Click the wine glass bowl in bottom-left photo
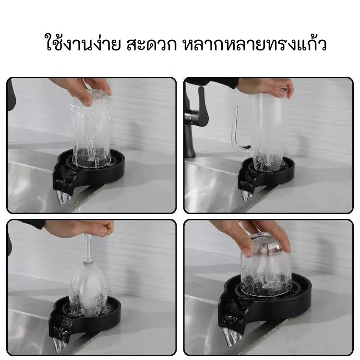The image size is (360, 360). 88,287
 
